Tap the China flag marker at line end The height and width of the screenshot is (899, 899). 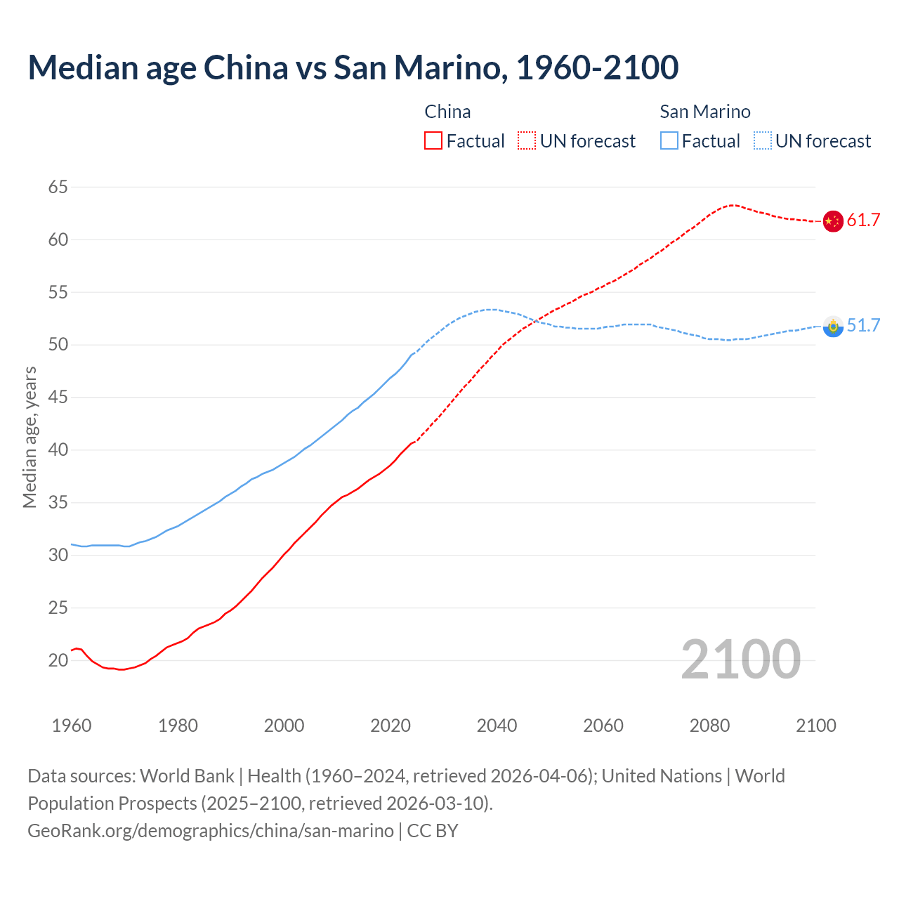832,221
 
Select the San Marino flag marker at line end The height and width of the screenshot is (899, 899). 832,326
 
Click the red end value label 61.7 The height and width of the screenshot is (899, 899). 863,221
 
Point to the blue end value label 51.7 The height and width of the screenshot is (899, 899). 863,326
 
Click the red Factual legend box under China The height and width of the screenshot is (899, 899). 433,141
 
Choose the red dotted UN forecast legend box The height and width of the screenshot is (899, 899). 527,141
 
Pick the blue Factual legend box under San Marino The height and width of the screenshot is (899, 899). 669,141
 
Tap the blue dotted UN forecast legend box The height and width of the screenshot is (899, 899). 762,141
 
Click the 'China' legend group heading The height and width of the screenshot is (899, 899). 447,112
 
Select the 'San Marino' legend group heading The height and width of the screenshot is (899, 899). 704,112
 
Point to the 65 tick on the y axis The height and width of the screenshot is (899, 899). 58,187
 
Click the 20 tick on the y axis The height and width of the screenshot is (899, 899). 58,660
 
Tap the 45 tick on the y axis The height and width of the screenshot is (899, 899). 58,398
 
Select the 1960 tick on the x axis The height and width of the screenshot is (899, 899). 72,726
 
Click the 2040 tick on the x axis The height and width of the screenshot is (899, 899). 497,726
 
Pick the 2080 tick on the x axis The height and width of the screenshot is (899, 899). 709,726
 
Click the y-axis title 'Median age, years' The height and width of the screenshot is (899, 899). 29,437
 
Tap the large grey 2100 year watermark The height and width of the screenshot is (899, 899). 740,660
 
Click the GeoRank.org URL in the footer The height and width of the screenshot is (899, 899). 211,831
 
